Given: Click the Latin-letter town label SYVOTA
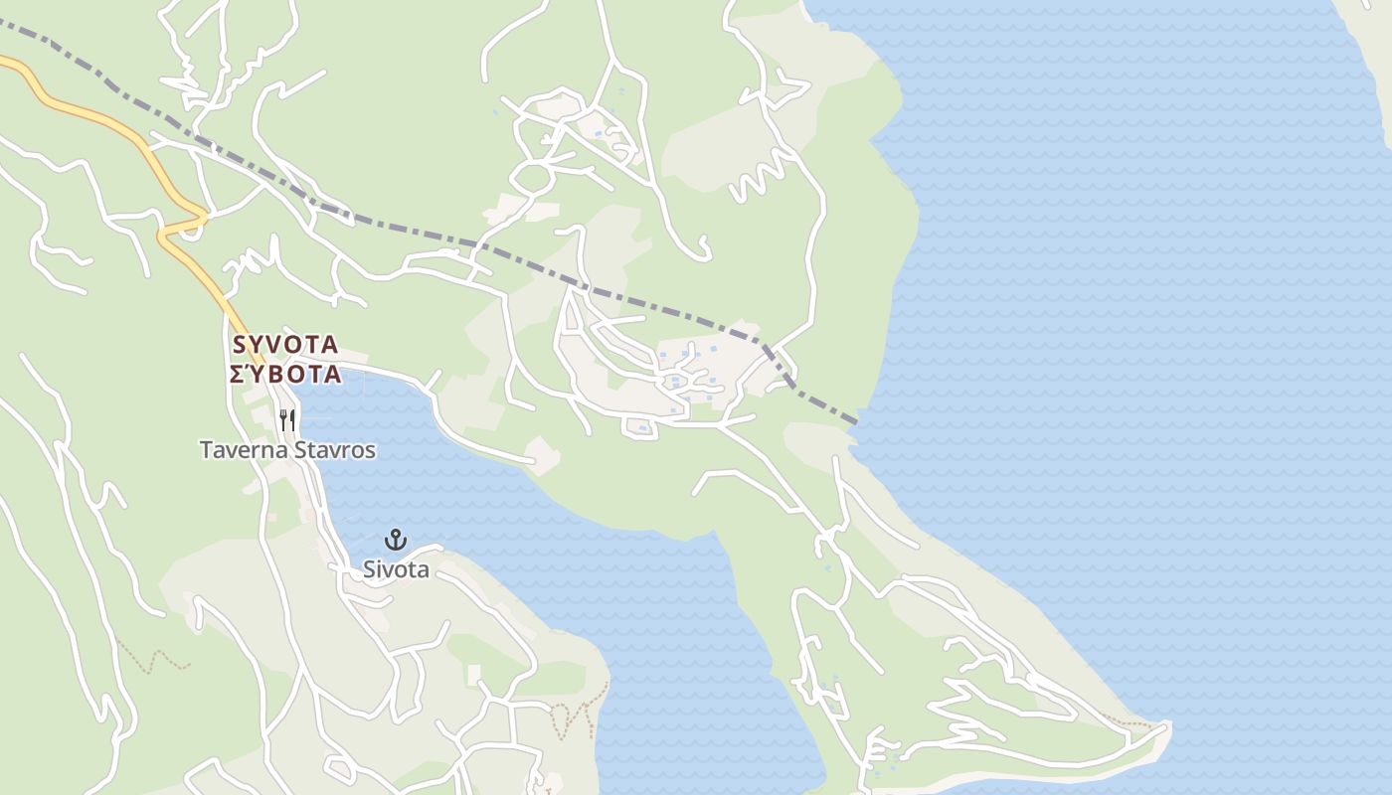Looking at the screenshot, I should tap(285, 345).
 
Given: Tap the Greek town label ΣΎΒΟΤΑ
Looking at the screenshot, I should tap(285, 375).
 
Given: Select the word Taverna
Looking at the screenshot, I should tap(244, 450).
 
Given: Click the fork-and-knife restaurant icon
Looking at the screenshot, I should tap(286, 420).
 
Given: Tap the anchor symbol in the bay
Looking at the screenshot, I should tap(396, 540).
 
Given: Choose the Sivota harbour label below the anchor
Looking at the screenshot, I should tap(396, 569).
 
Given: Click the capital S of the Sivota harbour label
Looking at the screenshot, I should tap(369, 569).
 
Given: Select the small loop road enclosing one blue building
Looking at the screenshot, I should tap(640, 427).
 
